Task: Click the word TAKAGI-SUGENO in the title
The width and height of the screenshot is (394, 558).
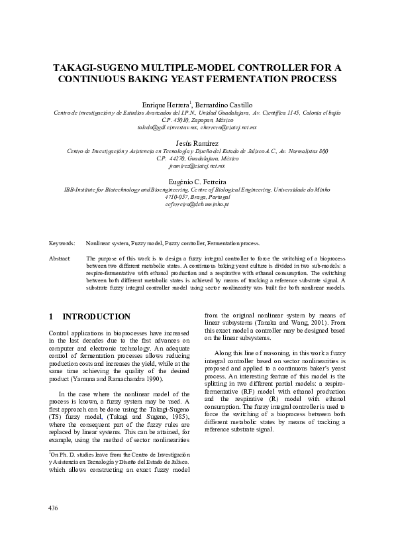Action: click(94, 68)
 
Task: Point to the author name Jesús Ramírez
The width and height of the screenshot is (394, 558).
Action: click(197, 143)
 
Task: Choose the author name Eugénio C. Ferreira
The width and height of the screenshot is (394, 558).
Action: click(197, 181)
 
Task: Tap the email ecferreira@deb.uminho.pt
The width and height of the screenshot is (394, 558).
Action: click(197, 205)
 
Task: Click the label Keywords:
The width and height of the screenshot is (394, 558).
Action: click(62, 244)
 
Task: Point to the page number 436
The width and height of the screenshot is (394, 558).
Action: click(54, 508)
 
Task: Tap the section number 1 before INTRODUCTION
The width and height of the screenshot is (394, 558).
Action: click(52, 317)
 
